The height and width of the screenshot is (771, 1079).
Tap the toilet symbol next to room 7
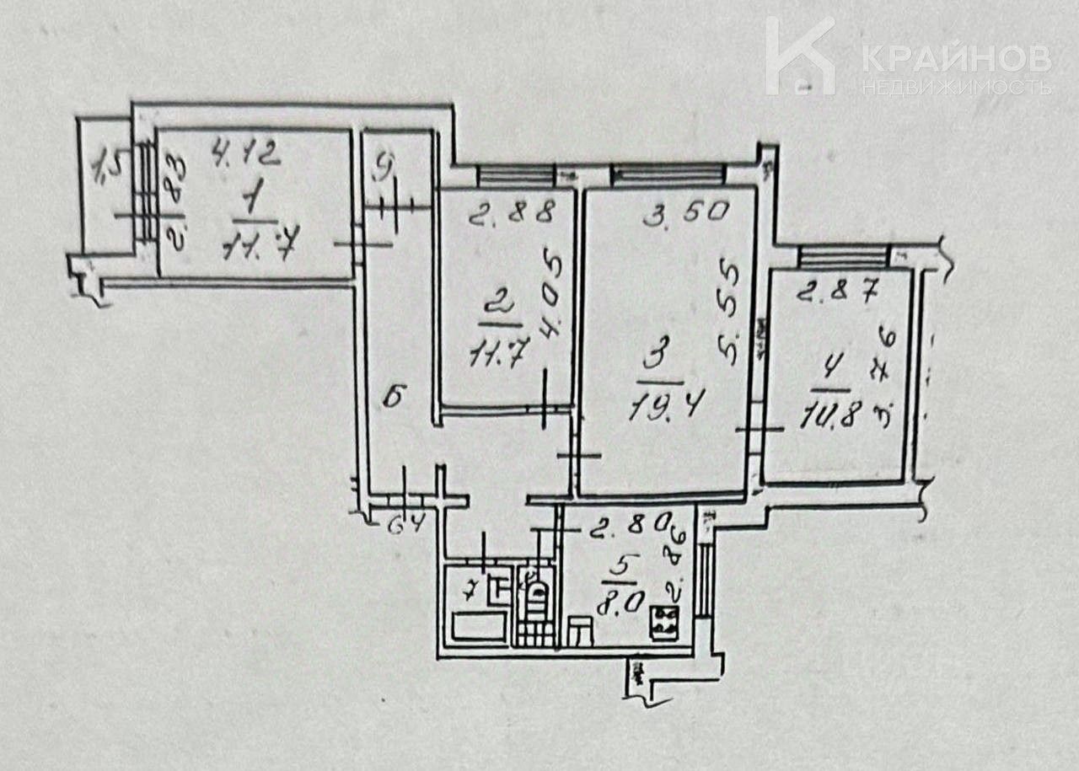tap(534, 593)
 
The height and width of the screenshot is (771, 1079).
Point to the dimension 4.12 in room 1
tap(244, 154)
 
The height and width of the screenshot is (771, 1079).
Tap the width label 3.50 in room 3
tap(685, 212)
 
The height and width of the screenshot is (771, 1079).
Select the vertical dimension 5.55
tap(729, 313)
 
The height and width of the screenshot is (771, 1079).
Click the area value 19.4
tap(666, 408)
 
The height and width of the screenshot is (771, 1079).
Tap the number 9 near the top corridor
tap(385, 170)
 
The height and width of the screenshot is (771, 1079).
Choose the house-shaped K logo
tap(799, 56)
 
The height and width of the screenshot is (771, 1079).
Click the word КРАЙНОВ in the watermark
tap(956, 58)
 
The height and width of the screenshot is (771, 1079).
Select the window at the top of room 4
tap(843, 254)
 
